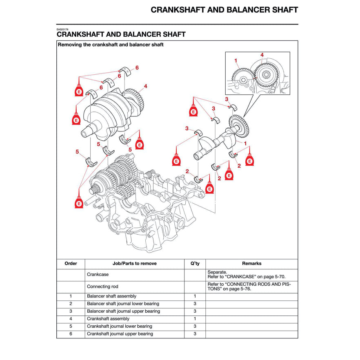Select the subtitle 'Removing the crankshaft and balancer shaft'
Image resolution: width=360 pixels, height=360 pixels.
[111, 44]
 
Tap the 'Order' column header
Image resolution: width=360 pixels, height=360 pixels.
[71, 264]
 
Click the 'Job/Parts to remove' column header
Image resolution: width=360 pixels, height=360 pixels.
[134, 264]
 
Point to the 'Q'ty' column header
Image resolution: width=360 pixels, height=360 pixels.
[195, 264]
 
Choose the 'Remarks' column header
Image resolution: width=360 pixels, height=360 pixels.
[251, 264]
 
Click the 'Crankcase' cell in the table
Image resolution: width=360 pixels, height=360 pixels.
[98, 275]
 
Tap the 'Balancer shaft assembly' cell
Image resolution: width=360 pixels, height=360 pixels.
[111, 296]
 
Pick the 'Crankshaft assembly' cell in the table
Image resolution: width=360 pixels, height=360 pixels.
[108, 319]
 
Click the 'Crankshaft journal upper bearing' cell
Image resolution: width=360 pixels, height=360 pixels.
[120, 334]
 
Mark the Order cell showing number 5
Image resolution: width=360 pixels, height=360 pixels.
[71, 327]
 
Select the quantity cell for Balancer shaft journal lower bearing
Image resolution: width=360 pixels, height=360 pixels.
[195, 304]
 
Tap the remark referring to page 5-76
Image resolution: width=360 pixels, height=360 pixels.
[249, 287]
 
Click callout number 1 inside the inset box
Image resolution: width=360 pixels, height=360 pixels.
[236, 61]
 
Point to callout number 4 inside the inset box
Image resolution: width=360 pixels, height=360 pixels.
[262, 55]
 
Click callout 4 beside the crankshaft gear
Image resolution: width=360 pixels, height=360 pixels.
[145, 86]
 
